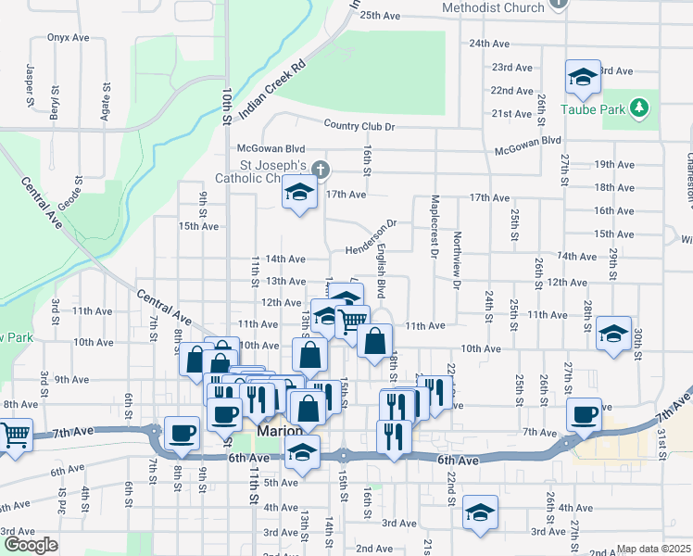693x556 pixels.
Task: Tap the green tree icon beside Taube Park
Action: click(x=638, y=108)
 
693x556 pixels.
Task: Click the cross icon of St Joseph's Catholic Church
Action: click(x=321, y=169)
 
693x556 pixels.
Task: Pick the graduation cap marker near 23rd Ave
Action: click(x=583, y=78)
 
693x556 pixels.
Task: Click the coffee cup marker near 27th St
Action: click(x=585, y=414)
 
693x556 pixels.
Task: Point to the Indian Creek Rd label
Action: click(x=271, y=90)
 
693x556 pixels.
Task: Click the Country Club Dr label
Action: click(x=359, y=126)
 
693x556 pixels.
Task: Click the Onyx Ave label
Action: click(x=68, y=38)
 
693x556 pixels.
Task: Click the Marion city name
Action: click(x=276, y=433)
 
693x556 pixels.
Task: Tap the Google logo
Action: click(x=31, y=545)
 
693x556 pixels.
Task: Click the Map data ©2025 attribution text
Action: click(x=654, y=549)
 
